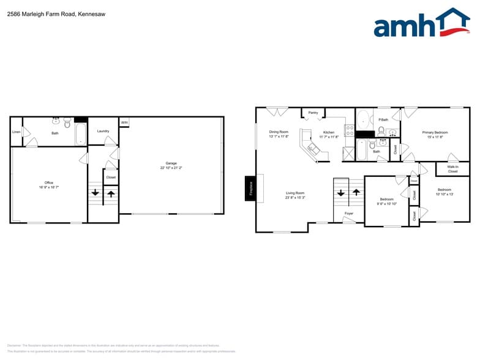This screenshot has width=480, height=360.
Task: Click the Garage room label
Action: tap(171, 163)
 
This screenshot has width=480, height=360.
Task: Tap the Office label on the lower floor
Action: tap(49, 182)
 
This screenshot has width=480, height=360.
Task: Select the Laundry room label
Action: tap(103, 131)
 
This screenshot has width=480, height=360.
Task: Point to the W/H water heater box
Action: tap(124, 123)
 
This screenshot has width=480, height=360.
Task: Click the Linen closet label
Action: tap(16, 132)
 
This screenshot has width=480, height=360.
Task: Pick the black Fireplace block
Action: tap(250, 189)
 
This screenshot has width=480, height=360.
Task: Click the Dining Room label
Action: tap(279, 132)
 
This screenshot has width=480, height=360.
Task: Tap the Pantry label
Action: tap(313, 113)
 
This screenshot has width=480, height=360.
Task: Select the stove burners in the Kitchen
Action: tap(350, 130)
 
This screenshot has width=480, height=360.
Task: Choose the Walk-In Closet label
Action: tap(452, 168)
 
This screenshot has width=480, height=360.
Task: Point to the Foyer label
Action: tap(348, 213)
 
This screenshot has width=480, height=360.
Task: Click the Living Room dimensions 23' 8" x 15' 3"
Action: tap(295, 198)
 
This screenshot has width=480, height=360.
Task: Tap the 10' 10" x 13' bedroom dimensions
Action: tap(444, 195)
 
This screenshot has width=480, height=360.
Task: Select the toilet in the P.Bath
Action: tap(381, 130)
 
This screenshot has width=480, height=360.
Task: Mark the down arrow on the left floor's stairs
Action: tap(95, 193)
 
